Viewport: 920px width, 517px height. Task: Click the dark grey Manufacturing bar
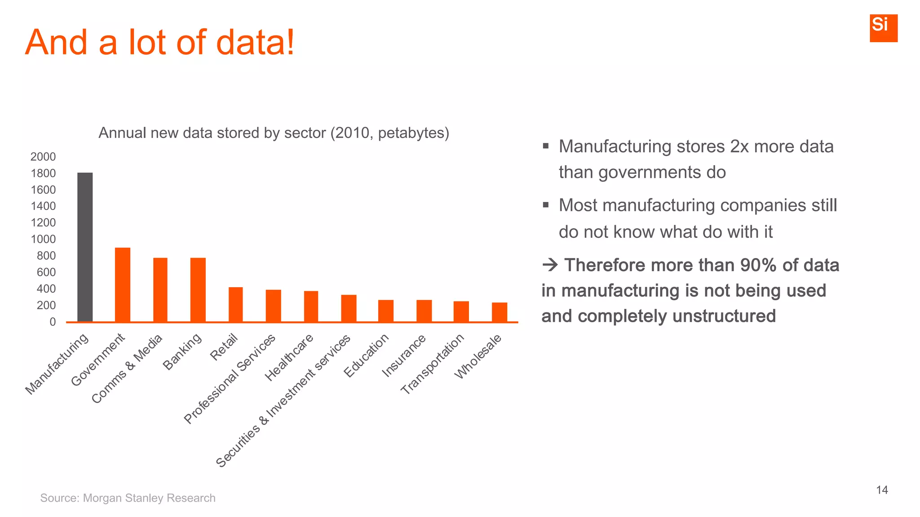(x=85, y=247)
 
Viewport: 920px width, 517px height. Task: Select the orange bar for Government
(x=123, y=285)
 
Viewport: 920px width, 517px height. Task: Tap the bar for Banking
(x=198, y=289)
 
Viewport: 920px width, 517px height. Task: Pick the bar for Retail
(x=235, y=304)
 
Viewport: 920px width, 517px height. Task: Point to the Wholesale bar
(x=499, y=312)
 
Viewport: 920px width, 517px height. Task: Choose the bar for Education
(x=385, y=311)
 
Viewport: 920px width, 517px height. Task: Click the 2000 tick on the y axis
(x=43, y=157)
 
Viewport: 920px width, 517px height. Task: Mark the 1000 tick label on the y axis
(x=43, y=239)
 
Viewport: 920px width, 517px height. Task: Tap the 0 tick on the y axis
(x=53, y=322)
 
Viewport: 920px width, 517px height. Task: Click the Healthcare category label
(x=289, y=358)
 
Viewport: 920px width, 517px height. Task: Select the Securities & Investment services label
(x=283, y=401)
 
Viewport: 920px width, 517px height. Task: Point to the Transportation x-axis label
(x=432, y=364)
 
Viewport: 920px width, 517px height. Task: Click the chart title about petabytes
(x=274, y=133)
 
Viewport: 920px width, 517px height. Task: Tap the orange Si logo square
(x=883, y=28)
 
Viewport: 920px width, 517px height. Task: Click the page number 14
(x=882, y=490)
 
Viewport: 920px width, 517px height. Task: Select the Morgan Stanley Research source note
(x=128, y=498)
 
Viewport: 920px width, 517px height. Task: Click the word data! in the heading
(x=255, y=42)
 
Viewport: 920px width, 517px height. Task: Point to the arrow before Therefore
(x=549, y=265)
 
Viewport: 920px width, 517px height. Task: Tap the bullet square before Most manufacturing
(x=545, y=205)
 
